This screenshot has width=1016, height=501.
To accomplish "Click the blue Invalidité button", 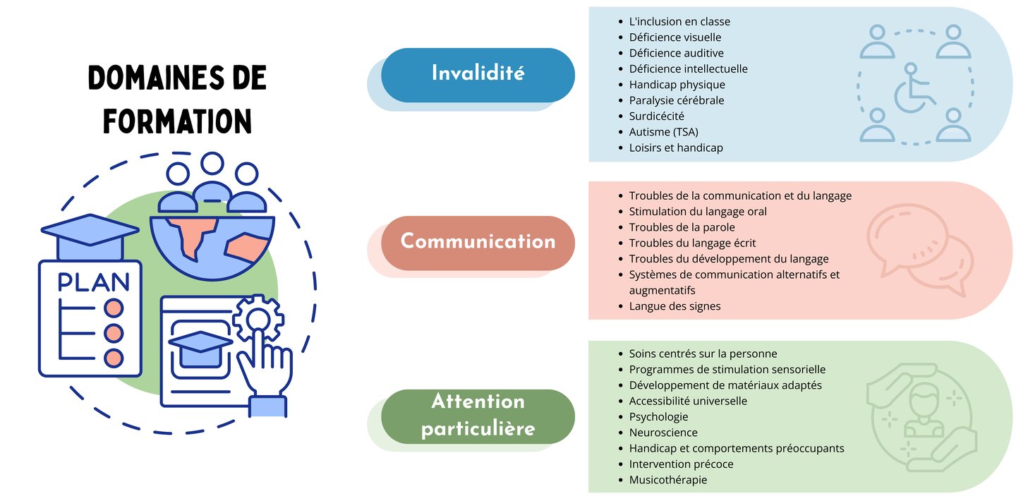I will coord(478,73).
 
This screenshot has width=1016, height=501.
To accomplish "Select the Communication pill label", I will coord(478,241).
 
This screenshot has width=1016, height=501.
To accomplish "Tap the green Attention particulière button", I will coord(478,416).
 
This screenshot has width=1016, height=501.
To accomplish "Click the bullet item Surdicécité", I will coord(656,116).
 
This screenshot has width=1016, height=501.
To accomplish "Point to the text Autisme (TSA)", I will coord(663,132).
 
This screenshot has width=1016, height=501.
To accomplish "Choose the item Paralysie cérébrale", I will coord(676,100).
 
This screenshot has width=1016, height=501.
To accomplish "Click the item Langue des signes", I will coord(675,306).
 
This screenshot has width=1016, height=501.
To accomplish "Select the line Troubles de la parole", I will coord(682,227).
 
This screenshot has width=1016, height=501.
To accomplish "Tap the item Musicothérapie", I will coord(667,480).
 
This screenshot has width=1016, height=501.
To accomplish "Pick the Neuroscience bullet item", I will coord(663,433).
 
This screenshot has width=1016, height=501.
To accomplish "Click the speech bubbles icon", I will coord(916,249).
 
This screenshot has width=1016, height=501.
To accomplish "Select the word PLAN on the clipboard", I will coord(93,282).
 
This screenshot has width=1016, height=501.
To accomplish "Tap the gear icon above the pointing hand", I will coord(258,320).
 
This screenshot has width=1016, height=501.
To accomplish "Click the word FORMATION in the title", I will coord(178,121).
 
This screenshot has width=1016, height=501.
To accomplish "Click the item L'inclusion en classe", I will coord(679,21).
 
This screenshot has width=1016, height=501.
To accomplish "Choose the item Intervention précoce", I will coord(681,464).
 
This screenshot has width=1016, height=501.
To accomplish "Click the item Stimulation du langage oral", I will coord(697,212).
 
